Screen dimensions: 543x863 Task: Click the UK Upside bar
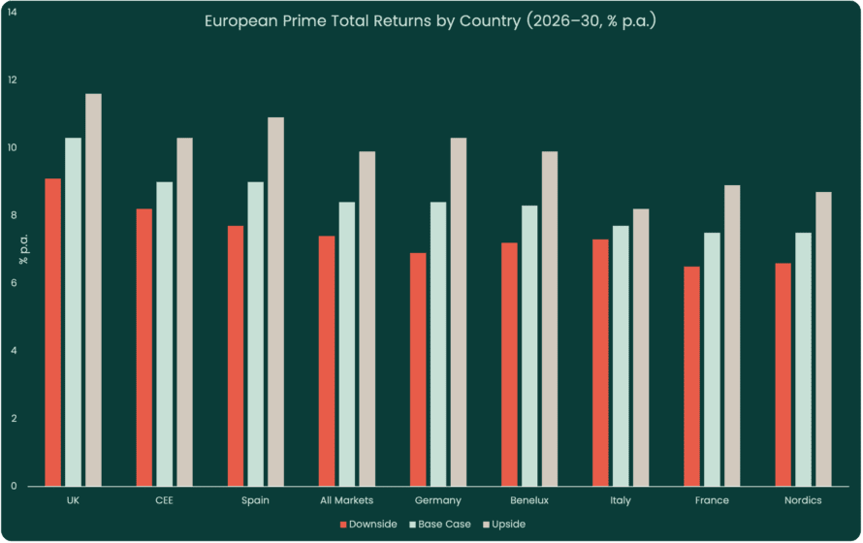[x=93, y=290]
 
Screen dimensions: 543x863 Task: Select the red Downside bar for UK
[x=52, y=333]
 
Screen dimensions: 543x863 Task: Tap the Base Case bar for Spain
[x=255, y=334]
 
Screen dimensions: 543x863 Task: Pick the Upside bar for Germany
[x=459, y=311]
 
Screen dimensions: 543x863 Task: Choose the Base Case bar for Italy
[x=621, y=356]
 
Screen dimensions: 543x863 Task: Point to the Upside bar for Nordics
[x=823, y=338]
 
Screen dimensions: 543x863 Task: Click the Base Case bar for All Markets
[x=346, y=343]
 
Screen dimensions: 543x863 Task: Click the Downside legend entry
[x=368, y=525]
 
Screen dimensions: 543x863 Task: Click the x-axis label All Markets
[x=347, y=500]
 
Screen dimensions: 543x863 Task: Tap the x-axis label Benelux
[x=529, y=500]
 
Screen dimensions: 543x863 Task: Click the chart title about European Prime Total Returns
[x=431, y=21]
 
